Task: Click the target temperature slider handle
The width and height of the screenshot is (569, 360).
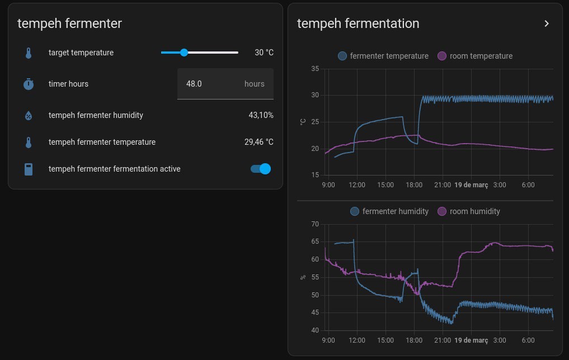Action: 184,53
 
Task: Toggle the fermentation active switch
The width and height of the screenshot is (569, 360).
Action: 261,169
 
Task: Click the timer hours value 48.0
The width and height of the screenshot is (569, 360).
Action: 194,84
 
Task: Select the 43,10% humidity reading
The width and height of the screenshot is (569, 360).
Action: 261,115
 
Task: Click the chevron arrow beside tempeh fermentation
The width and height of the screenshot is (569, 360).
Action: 547,23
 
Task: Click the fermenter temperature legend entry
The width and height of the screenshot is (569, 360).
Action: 383,56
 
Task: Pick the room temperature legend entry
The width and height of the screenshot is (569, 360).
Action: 475,56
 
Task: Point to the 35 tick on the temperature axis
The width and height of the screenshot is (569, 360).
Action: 314,69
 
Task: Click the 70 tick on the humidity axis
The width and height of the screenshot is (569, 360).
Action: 314,224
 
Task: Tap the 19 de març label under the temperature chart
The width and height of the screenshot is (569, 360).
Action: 471,184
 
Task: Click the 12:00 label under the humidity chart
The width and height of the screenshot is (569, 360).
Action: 357,340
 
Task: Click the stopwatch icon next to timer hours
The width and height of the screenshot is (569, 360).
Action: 29,84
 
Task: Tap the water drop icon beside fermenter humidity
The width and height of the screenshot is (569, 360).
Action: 29,115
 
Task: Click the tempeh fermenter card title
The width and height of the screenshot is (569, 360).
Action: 69,23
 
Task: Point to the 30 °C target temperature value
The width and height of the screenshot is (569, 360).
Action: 264,53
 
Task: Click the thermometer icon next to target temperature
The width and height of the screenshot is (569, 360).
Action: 29,53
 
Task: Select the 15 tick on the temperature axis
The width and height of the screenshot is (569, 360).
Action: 314,175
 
